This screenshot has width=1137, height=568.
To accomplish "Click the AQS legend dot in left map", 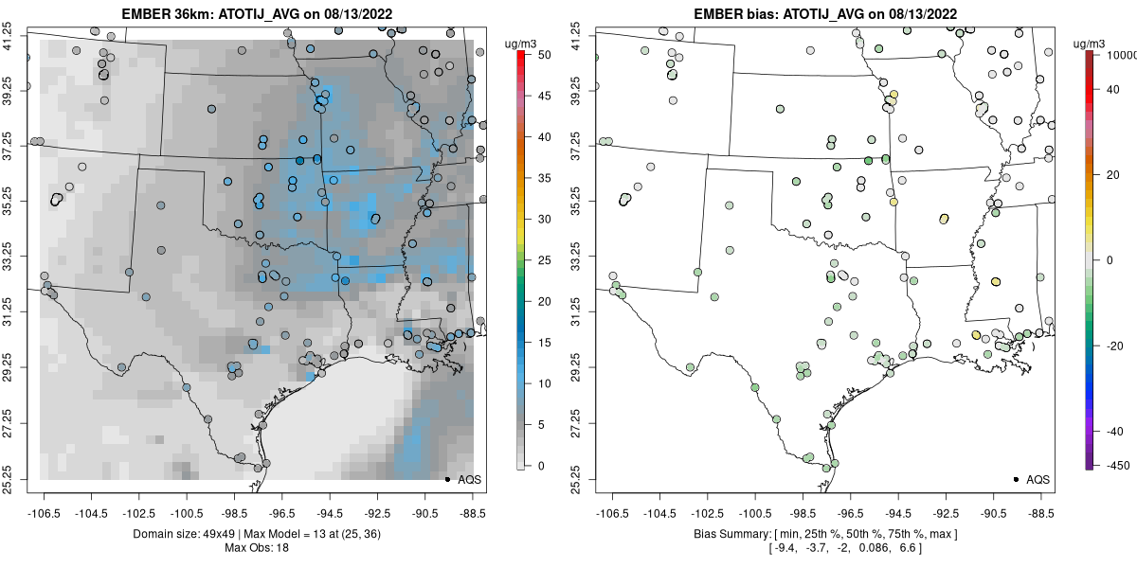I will pyautogui.click(x=446, y=479).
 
